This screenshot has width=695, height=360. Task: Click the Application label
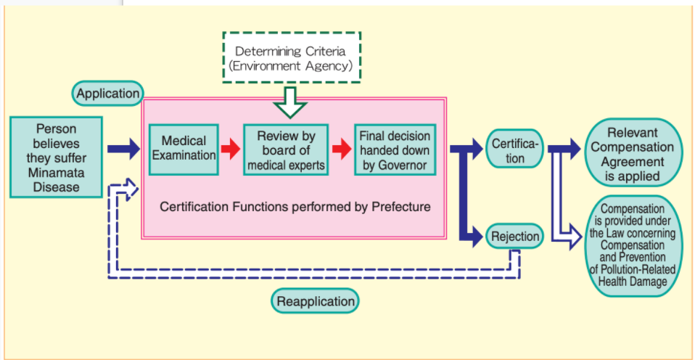point(108,94)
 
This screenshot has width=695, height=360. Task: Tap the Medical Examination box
point(184,149)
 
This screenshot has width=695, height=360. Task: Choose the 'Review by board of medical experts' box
point(286,150)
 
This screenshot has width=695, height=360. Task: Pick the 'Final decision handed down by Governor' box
point(395,149)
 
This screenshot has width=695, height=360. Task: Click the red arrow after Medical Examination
point(230,150)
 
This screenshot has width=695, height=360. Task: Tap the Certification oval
point(514,150)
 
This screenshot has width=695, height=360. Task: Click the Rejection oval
point(514,237)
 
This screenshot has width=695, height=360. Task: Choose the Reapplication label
point(316,300)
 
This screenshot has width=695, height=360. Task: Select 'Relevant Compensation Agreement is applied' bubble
point(633,153)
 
